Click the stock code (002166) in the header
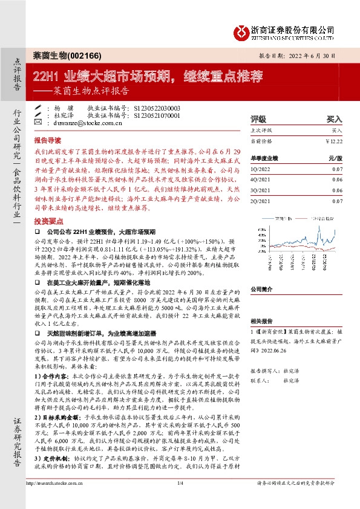pos(83,55)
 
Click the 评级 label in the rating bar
pos(258,120)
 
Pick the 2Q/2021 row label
pos(261,199)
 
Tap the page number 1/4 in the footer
pos(180,500)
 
